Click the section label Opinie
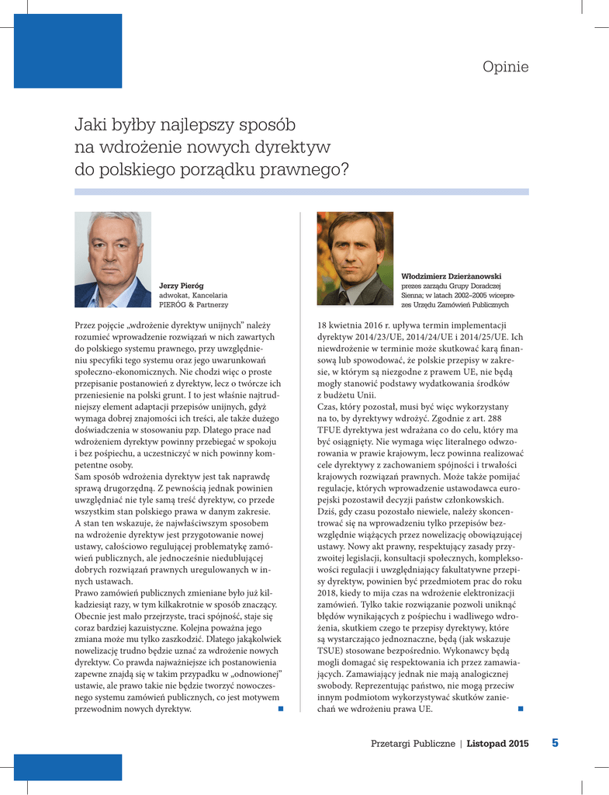[x=505, y=68]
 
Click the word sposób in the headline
[x=265, y=125]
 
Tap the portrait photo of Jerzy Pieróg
[x=112, y=259]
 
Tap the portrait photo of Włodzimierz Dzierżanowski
[x=355, y=259]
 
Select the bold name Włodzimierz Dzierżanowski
[x=451, y=276]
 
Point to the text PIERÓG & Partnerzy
[x=193, y=305]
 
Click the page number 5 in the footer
[x=555, y=743]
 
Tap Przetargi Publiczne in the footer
[x=413, y=744]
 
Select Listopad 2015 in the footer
[x=497, y=744]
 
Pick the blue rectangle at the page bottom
[x=68, y=766]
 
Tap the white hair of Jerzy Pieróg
[x=113, y=223]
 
